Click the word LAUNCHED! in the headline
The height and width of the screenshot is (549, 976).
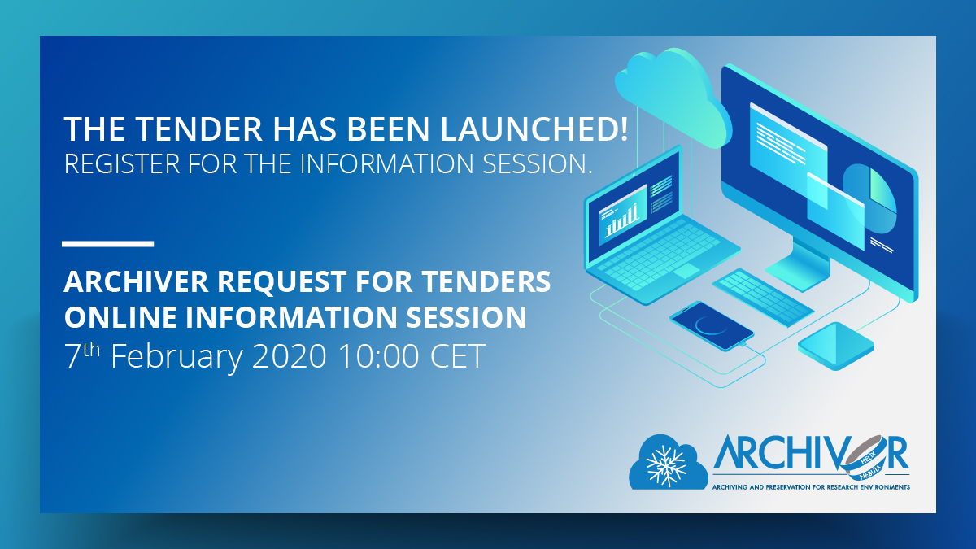pos(534,129)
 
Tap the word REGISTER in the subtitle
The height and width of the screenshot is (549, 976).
pos(122,163)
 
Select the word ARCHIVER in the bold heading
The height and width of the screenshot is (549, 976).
pos(136,281)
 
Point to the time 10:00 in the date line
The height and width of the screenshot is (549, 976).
pos(378,356)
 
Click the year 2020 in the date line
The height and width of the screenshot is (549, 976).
pos(289,356)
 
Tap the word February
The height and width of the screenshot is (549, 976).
pos(176,357)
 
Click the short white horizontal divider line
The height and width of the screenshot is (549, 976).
pos(108,244)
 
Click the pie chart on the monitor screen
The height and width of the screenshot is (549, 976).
pos(869,198)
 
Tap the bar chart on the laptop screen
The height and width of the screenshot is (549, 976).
pos(622,219)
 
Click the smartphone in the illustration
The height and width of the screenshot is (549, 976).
pos(712,325)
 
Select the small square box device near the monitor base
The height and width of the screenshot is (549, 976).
pos(836,346)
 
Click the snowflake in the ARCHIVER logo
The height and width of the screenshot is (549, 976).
pos(666,466)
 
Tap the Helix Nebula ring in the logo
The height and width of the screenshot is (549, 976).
pos(865,457)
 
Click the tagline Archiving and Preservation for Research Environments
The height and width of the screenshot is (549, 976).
pos(811,487)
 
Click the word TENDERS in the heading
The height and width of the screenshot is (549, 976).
pos(486,281)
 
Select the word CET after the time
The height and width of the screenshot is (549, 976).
pos(458,356)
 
